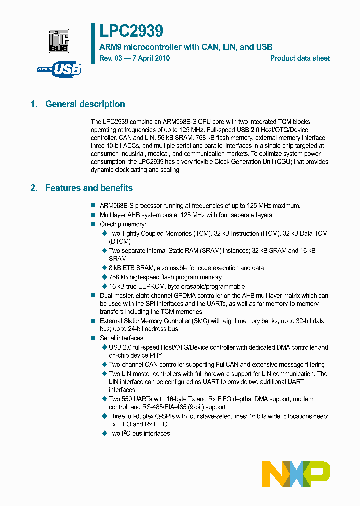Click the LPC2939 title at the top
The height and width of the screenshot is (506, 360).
click(131, 31)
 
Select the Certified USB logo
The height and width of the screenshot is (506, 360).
click(59, 69)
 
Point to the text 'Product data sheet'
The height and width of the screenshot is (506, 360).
click(300, 58)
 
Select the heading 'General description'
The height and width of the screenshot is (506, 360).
click(85, 104)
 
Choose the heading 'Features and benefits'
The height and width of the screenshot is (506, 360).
click(89, 188)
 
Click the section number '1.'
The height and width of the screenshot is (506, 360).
click(34, 104)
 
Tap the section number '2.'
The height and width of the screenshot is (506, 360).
click(34, 188)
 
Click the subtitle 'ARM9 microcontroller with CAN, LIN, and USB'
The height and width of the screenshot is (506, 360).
click(186, 47)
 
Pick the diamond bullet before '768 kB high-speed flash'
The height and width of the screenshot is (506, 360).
click(105, 277)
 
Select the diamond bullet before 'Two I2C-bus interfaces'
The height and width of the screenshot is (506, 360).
click(105, 433)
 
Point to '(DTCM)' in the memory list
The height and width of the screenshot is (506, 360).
click(120, 242)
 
